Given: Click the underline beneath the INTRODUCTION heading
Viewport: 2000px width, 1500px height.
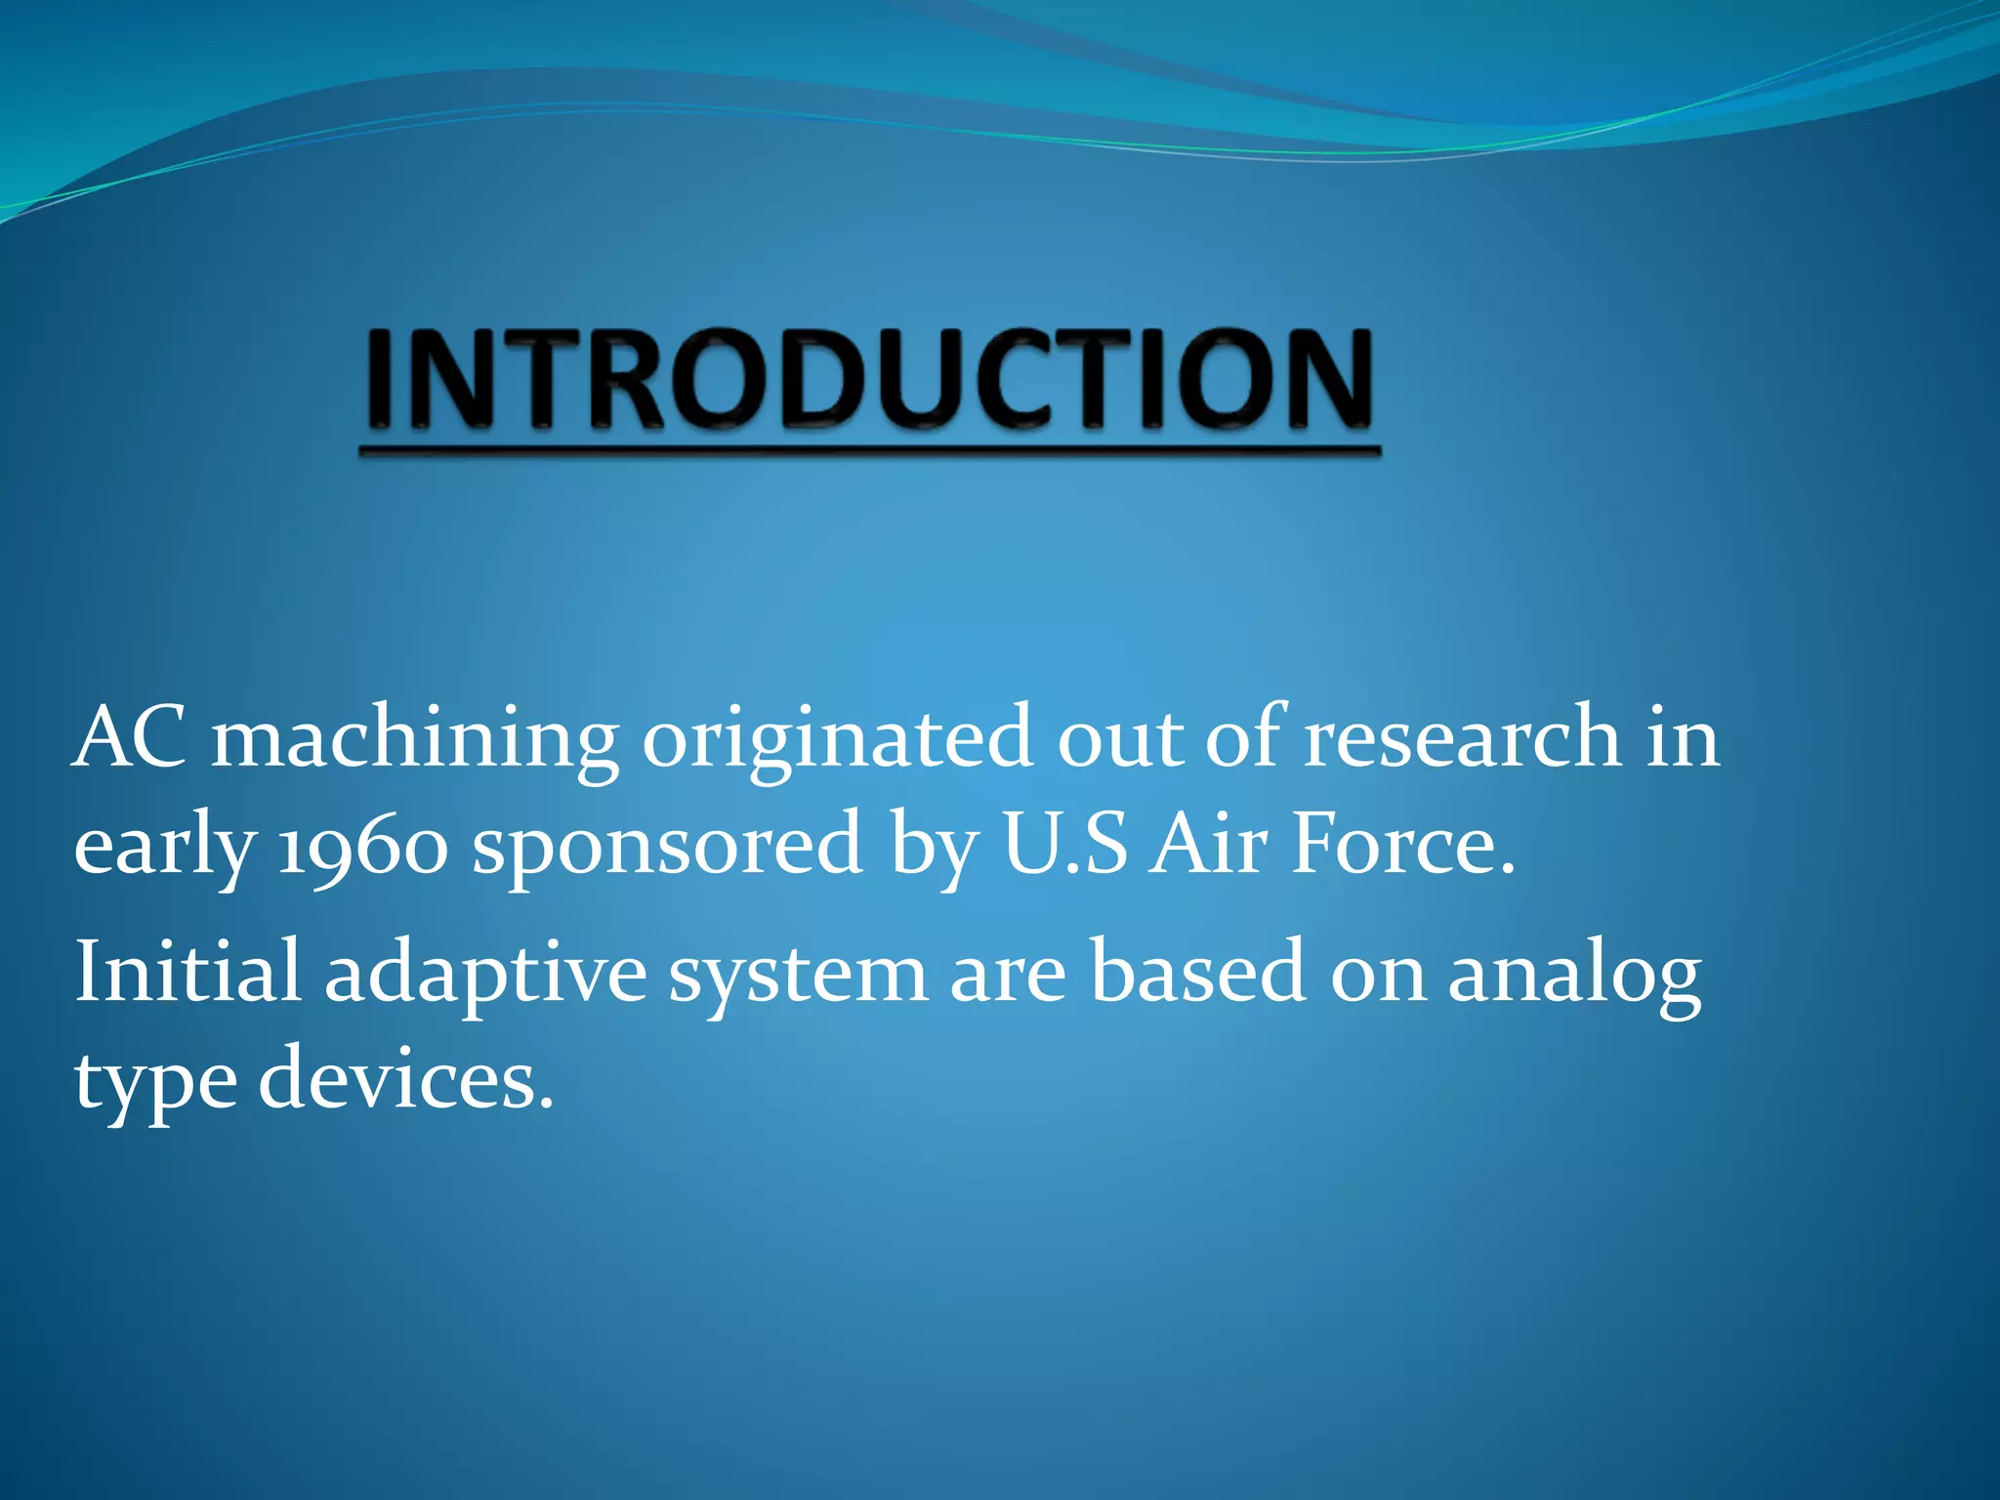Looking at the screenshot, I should [x=869, y=452].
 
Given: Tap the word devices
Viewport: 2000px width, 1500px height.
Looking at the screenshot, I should [x=405, y=1080].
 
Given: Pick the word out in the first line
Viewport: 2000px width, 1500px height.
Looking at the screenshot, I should [x=1120, y=739].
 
